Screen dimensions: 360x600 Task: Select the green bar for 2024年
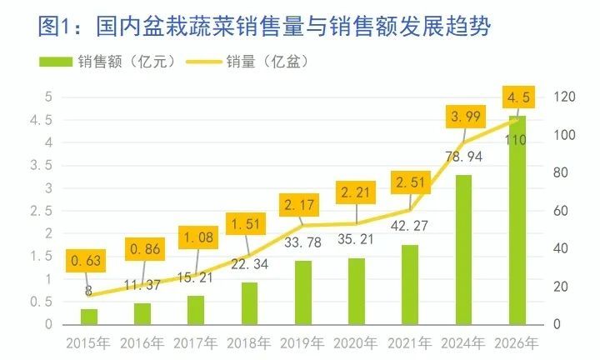pos(464,249)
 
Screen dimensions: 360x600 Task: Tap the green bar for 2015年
pos(88,316)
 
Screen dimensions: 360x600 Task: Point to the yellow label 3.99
pos(464,117)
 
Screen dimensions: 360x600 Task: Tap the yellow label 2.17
pos(303,203)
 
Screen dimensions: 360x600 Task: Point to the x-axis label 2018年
pos(249,342)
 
